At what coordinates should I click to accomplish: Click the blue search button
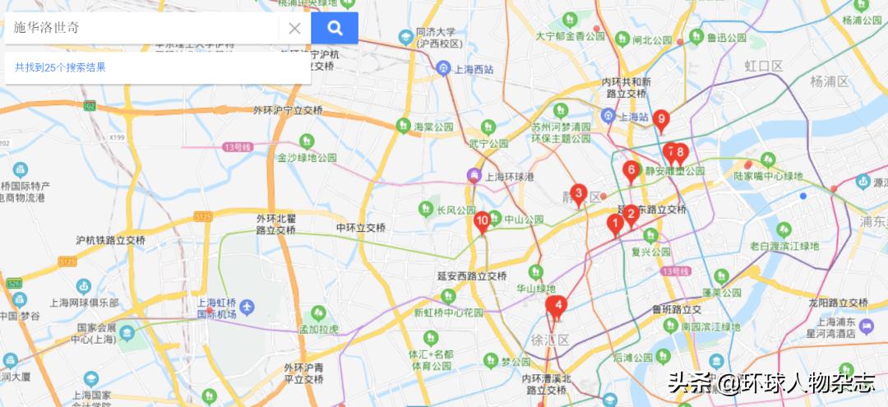point(335,28)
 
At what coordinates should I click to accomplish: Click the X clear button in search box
point(294,28)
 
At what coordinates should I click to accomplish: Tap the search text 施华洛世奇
point(47,27)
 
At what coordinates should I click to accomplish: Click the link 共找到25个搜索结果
point(60,67)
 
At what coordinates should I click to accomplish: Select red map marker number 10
point(483,220)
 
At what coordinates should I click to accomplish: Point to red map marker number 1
point(614,223)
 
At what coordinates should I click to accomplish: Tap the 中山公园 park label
point(524,220)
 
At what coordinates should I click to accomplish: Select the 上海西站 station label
point(474,68)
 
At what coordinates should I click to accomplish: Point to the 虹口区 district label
point(763,65)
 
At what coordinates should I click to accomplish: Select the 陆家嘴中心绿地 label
point(768,175)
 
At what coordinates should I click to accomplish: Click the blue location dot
point(803,196)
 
